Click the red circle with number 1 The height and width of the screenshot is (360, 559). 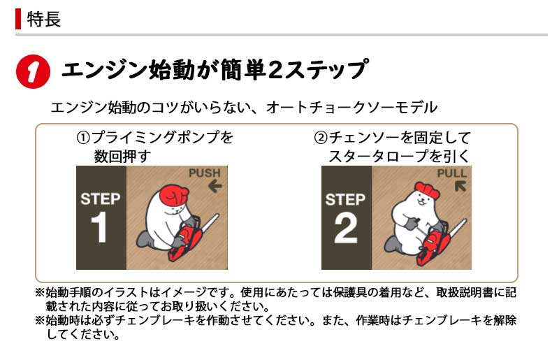click(x=33, y=71)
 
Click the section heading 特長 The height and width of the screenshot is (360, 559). click(x=44, y=20)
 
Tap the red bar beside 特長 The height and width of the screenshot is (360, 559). click(x=18, y=20)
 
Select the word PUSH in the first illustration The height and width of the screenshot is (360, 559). click(x=205, y=173)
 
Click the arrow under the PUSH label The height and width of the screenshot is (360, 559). click(x=215, y=186)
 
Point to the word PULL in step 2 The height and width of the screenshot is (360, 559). click(x=451, y=173)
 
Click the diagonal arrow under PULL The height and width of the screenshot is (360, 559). click(x=460, y=186)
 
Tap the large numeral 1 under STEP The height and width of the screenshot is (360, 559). click(x=99, y=227)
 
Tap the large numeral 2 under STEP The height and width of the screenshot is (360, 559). click(x=345, y=228)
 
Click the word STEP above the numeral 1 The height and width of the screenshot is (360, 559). click(x=100, y=199)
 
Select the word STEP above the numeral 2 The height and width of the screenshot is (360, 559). click(x=345, y=200)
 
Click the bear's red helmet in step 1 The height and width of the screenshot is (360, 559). click(x=173, y=195)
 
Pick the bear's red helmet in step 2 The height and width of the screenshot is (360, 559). click(x=428, y=189)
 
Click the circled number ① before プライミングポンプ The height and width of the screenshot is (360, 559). click(x=83, y=138)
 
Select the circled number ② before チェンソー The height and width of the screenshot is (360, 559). click(x=321, y=138)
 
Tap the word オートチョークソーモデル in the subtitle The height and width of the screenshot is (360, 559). click(x=351, y=107)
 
